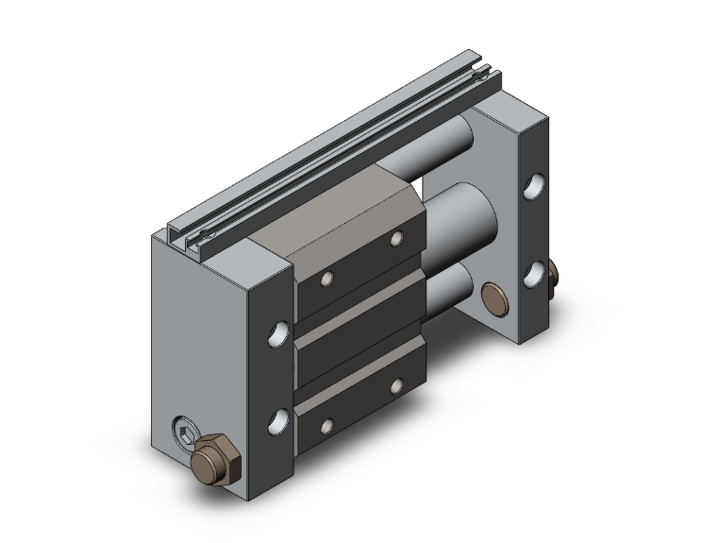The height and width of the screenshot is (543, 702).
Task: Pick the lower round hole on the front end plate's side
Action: tap(276, 419)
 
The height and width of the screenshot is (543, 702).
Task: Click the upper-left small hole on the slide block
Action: tap(326, 279)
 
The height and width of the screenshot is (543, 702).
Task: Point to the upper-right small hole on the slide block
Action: tap(394, 240)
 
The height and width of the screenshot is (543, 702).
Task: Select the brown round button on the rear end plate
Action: tap(493, 297)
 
